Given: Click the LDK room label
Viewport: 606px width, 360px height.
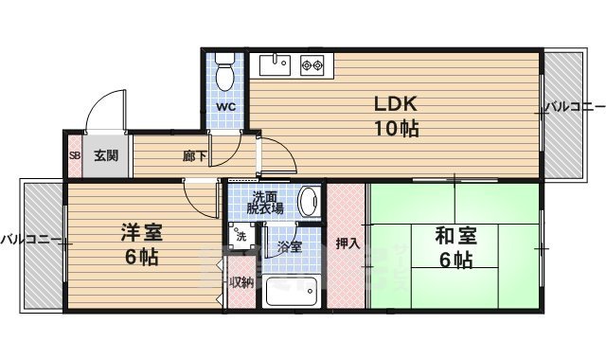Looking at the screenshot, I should (397, 103).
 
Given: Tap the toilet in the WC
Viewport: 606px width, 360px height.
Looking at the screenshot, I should (224, 74).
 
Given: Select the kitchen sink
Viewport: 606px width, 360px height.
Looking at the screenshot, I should (276, 65).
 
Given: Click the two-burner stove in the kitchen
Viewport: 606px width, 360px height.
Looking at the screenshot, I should (312, 65).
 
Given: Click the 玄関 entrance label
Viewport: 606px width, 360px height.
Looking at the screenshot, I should (105, 156).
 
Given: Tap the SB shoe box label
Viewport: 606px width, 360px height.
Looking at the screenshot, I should (74, 156).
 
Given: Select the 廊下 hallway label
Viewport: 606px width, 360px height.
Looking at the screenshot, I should (195, 156).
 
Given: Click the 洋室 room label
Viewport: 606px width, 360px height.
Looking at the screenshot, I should (137, 230).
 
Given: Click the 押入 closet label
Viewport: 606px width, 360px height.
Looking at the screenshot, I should (348, 243).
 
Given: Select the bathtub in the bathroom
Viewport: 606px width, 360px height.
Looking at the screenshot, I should (294, 293).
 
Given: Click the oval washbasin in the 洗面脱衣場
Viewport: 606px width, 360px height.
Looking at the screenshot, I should (309, 201).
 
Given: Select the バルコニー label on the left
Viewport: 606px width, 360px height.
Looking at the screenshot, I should (31, 238).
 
